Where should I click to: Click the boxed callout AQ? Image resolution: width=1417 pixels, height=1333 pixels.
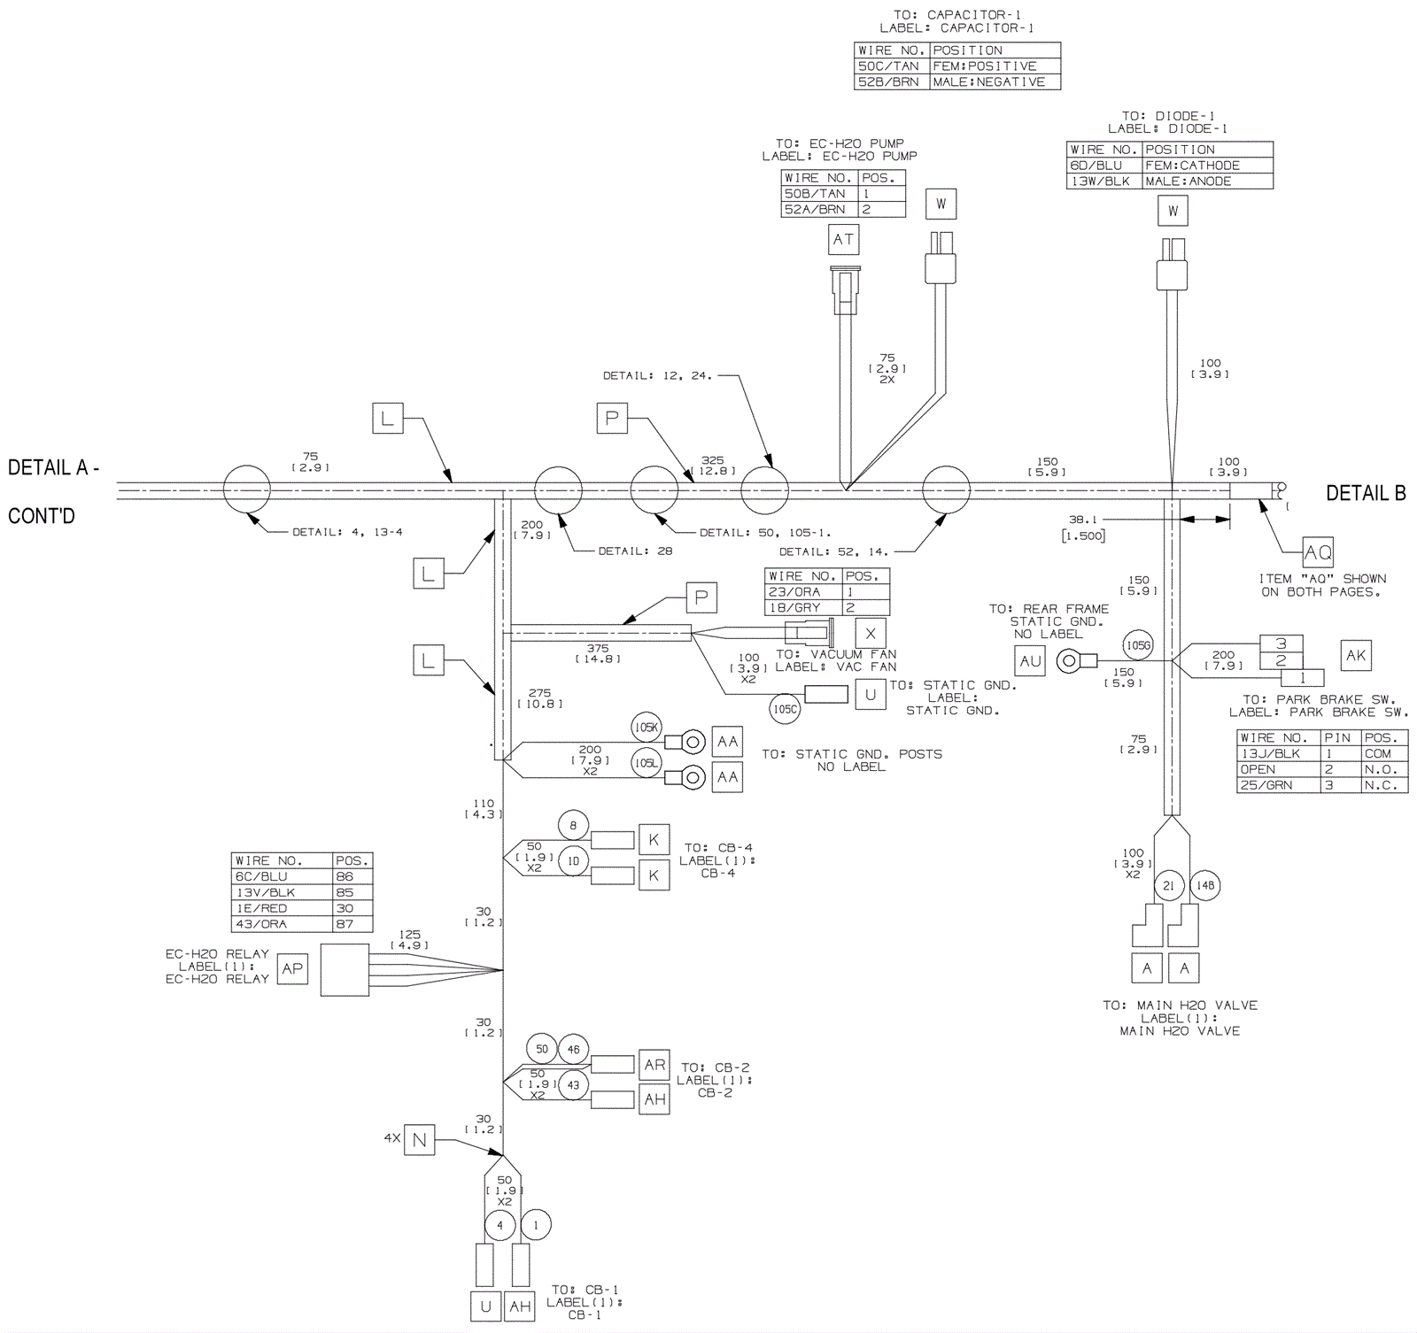click(1318, 552)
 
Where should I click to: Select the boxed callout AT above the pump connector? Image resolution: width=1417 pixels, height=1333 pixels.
click(843, 239)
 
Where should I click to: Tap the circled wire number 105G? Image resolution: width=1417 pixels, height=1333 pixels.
click(1138, 645)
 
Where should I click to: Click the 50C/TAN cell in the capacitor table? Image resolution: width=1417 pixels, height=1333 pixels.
click(892, 66)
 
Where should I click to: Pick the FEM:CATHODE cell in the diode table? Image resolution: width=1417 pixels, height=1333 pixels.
click(1206, 166)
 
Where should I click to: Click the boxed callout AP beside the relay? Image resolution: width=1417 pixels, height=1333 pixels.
click(292, 969)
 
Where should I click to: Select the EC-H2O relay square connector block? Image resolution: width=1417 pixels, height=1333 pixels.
click(345, 970)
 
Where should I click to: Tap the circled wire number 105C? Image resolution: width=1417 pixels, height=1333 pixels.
click(785, 709)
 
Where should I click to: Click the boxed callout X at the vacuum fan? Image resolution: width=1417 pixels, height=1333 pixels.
click(871, 633)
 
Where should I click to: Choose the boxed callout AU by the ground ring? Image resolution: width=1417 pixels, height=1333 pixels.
click(1030, 660)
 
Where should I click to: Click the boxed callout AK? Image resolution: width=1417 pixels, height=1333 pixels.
click(1356, 656)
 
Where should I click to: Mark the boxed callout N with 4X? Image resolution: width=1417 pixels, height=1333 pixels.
click(419, 1141)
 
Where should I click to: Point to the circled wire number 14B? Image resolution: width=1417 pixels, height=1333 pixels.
click(1205, 885)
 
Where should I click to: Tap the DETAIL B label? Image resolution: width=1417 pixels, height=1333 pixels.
click(1366, 494)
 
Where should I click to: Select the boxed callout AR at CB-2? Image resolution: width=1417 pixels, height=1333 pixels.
click(654, 1065)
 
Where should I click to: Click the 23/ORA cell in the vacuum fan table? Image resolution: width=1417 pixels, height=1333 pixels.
click(802, 591)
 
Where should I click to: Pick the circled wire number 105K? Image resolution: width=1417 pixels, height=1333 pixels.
click(647, 728)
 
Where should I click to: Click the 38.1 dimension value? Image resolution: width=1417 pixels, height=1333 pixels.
click(1082, 520)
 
